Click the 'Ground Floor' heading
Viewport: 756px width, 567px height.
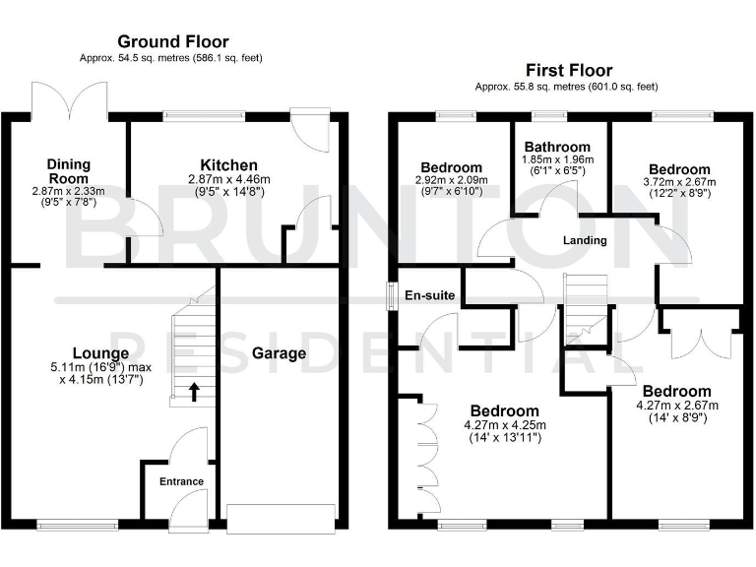point(173,41)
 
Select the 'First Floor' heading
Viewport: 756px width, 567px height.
point(569,70)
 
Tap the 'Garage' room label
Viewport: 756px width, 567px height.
point(279,352)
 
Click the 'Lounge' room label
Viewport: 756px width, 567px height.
point(100,352)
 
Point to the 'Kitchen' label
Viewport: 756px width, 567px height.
point(228,164)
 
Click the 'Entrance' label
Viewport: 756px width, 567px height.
point(182,481)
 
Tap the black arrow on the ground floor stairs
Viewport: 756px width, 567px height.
point(193,392)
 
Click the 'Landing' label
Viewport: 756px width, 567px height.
point(585,240)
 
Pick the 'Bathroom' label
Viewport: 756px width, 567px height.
point(557,147)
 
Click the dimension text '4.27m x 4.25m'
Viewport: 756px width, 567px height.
point(504,425)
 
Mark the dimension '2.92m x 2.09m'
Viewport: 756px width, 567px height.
point(452,181)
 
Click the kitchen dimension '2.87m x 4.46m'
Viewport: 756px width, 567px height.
point(228,179)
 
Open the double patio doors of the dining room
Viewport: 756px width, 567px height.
point(69,99)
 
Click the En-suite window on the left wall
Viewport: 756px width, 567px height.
point(392,296)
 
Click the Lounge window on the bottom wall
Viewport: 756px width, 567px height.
point(71,522)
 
